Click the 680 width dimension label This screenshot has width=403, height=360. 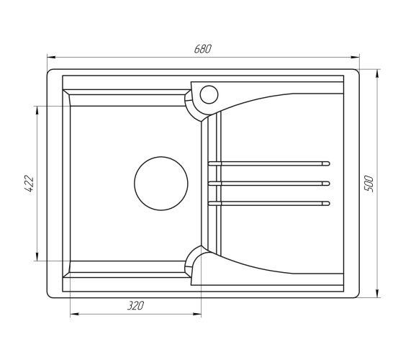(203, 49)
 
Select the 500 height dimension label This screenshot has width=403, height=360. (368, 184)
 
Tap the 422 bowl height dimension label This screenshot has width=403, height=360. (29, 184)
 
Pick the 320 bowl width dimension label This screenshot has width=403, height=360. (135, 305)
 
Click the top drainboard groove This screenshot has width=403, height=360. (269, 163)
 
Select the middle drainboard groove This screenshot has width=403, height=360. (269, 184)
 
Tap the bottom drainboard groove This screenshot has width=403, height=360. (269, 203)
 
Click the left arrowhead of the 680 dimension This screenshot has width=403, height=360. (51, 57)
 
